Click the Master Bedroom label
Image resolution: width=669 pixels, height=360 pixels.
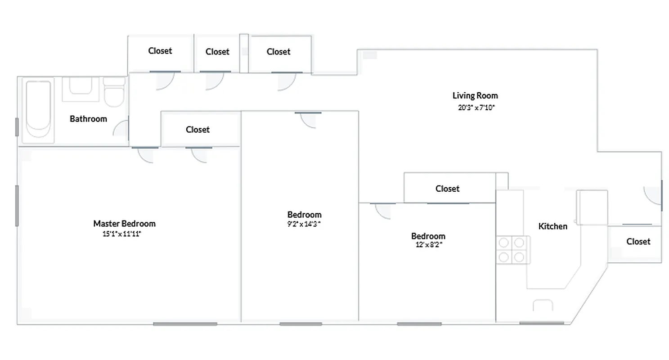click(x=124, y=224)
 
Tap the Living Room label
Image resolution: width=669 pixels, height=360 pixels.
click(x=475, y=95)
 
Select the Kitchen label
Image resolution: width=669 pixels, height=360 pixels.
click(x=552, y=226)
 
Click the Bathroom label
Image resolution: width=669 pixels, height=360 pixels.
click(x=88, y=119)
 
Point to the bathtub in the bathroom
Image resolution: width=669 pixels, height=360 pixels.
click(x=38, y=109)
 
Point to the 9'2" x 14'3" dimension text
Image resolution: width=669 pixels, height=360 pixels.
click(x=304, y=224)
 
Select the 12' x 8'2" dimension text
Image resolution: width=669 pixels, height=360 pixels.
click(x=428, y=245)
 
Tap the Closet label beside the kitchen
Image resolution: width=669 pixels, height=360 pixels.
click(x=638, y=242)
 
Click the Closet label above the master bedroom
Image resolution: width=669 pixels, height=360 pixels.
click(x=198, y=130)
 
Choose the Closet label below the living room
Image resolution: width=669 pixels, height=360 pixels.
click(x=447, y=189)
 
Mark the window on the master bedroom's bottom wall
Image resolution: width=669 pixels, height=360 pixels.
click(x=185, y=324)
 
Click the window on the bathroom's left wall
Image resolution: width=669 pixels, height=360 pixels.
click(x=17, y=127)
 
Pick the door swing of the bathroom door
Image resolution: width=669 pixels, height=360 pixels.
click(x=121, y=129)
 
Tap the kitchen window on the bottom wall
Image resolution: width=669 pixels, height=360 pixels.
click(x=541, y=323)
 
